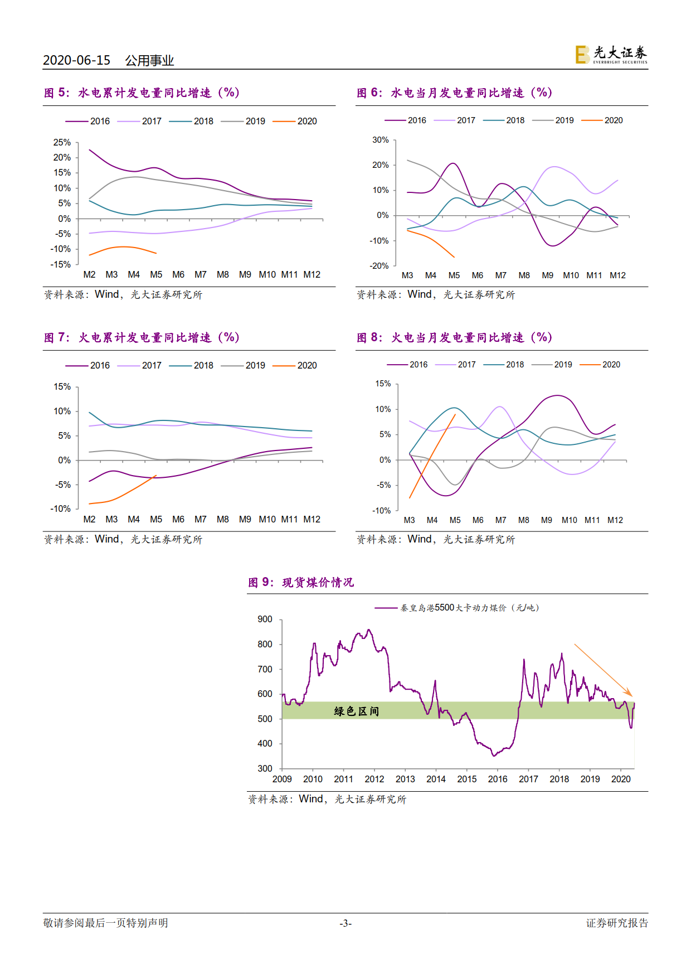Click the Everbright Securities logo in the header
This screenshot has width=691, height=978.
click(x=611, y=55)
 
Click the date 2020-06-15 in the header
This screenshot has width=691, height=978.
click(x=76, y=60)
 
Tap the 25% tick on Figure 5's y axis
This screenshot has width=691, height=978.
click(x=62, y=143)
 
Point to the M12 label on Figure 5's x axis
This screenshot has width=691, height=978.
click(x=312, y=274)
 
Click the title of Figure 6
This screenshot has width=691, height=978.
click(x=454, y=93)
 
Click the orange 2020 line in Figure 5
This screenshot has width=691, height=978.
click(x=124, y=247)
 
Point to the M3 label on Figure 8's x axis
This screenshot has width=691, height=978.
click(x=409, y=520)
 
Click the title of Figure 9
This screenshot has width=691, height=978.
click(x=301, y=582)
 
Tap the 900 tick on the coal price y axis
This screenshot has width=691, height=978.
click(x=265, y=619)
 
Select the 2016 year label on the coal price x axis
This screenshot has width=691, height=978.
click(x=497, y=779)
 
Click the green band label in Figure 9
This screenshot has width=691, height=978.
click(x=356, y=711)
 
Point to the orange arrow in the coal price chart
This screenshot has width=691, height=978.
click(x=603, y=670)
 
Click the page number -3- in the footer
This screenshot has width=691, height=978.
click(x=345, y=923)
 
